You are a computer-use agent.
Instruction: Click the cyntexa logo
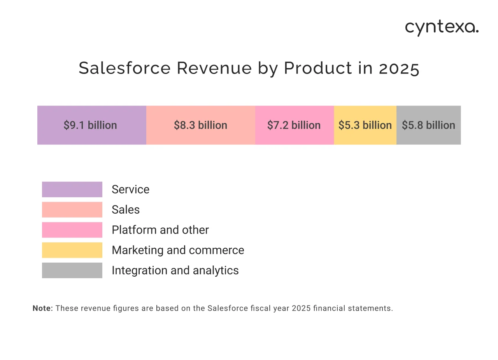[442, 28]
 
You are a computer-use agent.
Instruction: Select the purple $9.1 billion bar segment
[91, 125]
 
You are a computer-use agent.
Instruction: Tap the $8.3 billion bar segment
[200, 125]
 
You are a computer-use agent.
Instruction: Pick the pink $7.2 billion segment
[294, 125]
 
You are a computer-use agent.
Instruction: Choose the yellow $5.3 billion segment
[365, 125]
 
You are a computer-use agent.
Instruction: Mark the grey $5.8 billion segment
[428, 125]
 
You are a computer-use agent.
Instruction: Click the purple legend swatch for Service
[72, 190]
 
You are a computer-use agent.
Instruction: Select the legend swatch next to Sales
[72, 210]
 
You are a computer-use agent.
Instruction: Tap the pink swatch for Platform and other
[72, 230]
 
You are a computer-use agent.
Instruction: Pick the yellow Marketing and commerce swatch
[72, 250]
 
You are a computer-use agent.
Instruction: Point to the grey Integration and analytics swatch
[72, 270]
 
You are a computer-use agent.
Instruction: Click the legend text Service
[130, 190]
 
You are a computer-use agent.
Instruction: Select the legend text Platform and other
[160, 230]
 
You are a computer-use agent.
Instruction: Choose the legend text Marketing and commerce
[178, 250]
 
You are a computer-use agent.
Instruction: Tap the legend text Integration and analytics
[175, 270]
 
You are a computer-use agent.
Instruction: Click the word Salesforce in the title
[124, 68]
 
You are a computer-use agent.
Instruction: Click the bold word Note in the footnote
[42, 308]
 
